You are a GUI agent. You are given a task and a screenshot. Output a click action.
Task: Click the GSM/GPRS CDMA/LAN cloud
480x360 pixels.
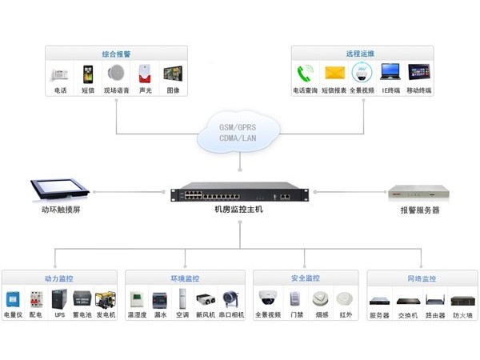click(x=240, y=133)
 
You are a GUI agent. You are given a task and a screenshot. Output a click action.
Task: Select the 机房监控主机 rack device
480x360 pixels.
click(x=239, y=194)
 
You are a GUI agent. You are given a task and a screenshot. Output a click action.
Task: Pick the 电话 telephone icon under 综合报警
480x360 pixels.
click(x=60, y=74)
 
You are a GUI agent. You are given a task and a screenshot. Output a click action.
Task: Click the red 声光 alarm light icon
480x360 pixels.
click(x=145, y=74)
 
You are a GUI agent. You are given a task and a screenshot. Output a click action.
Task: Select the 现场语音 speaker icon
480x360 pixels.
click(x=117, y=74)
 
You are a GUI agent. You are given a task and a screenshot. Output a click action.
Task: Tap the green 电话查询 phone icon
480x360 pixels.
click(x=305, y=74)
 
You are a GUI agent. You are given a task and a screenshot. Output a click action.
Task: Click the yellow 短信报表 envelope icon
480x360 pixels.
click(x=334, y=74)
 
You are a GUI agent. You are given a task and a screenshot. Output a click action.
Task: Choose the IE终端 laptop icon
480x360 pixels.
click(x=390, y=74)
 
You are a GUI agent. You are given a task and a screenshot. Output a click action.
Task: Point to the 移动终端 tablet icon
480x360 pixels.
click(x=419, y=74)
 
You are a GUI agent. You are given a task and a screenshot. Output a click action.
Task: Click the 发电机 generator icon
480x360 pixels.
click(x=105, y=300)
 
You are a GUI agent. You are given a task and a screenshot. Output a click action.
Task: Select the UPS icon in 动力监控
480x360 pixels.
click(x=58, y=300)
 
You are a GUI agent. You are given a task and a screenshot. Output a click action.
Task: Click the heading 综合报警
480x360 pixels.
click(x=117, y=53)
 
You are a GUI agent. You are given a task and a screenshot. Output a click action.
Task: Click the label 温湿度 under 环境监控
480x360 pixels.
click(x=137, y=316)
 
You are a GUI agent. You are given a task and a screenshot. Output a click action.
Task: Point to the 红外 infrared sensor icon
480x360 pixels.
click(x=346, y=300)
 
